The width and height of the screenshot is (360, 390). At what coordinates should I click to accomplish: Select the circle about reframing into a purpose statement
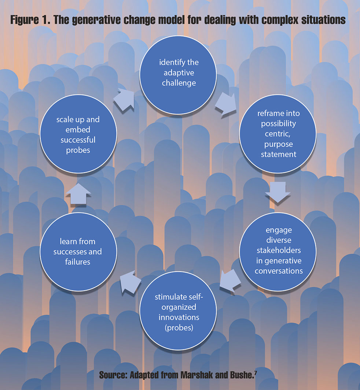pyautogui.click(x=278, y=133)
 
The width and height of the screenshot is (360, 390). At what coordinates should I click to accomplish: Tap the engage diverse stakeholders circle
pyautogui.click(x=278, y=250)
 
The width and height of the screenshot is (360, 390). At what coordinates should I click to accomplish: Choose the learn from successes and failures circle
pyautogui.click(x=78, y=251)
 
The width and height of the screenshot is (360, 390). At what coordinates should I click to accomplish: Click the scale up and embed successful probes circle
pyautogui.click(x=78, y=135)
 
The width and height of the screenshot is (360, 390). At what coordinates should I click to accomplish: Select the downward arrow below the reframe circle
pyautogui.click(x=278, y=192)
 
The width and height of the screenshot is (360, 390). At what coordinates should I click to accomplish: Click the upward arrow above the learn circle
pyautogui.click(x=78, y=193)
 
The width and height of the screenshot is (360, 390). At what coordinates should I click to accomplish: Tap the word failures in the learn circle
pyautogui.click(x=78, y=262)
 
